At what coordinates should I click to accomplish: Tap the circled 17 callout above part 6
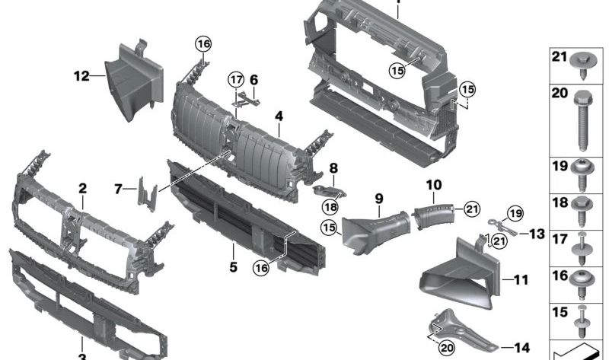pyautogui.click(x=236, y=79)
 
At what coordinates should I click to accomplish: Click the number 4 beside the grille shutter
pyautogui.click(x=279, y=116)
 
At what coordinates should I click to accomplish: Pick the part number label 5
pyautogui.click(x=234, y=267)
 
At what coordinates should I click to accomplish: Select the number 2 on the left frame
pyautogui.click(x=82, y=188)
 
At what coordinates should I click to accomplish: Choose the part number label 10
pyautogui.click(x=433, y=184)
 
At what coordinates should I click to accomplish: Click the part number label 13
pyautogui.click(x=537, y=234)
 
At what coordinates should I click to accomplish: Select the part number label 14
pyautogui.click(x=521, y=348)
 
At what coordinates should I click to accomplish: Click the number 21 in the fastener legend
pyautogui.click(x=560, y=57)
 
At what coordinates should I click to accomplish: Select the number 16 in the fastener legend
pyautogui.click(x=560, y=276)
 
